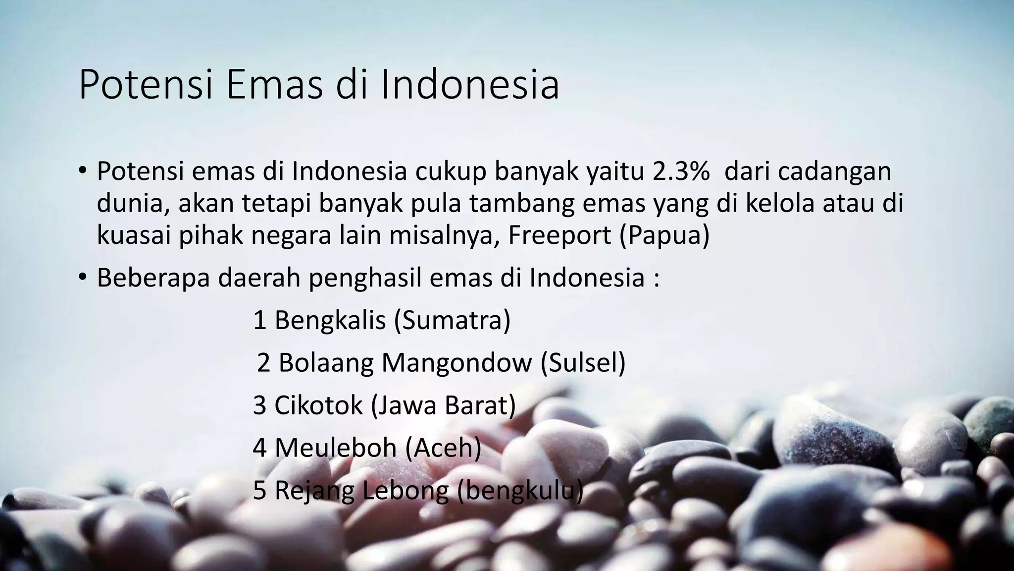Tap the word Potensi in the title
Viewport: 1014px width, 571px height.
click(x=146, y=85)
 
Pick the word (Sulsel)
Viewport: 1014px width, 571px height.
click(x=583, y=363)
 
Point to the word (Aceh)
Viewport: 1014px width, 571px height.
click(x=443, y=448)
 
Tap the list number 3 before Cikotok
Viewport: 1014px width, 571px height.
click(x=259, y=405)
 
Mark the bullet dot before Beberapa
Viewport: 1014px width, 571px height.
click(x=82, y=277)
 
